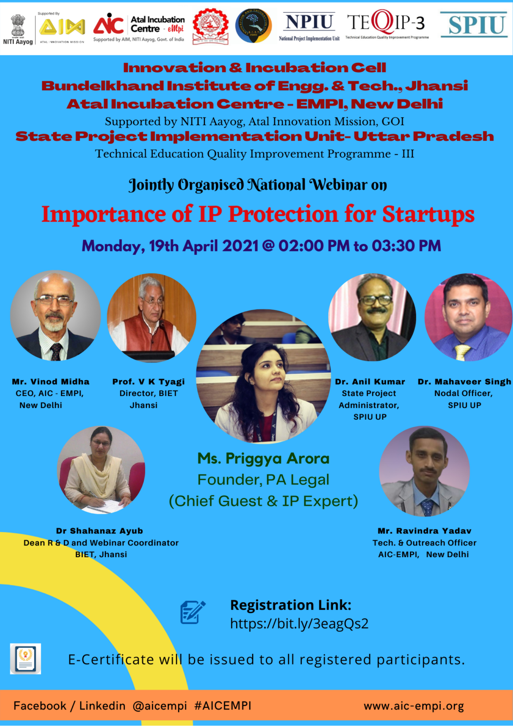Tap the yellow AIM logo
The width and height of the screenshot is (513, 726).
coord(62,27)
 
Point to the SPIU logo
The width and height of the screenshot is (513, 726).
coord(474,25)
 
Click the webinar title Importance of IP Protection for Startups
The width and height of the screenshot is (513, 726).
coord(258,214)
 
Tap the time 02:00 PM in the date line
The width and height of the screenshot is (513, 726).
coord(314,246)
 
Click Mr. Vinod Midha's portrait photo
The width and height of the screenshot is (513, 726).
coord(55,316)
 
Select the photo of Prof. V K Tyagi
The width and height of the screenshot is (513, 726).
coord(152,318)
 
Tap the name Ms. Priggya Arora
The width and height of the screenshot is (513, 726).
coord(263,458)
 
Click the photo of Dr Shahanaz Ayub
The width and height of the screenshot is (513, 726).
coord(101,470)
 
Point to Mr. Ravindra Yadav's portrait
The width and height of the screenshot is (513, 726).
coord(425,471)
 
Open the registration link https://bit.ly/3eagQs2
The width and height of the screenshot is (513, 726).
coord(299,624)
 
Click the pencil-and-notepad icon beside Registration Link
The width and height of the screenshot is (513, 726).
coord(193,613)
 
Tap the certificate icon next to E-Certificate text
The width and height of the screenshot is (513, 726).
coord(26,658)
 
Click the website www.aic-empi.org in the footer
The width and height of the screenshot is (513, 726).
coord(413,706)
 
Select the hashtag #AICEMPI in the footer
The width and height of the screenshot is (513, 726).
coord(222,706)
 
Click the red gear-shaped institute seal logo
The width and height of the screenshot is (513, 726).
coord(210,26)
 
